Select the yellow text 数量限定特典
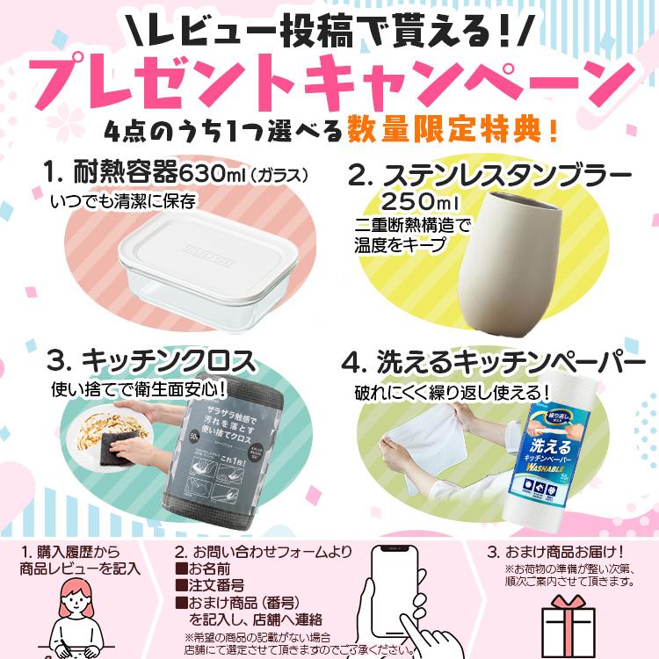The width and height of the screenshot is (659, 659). pos(448,132)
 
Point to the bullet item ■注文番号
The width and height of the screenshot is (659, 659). pos(216,584)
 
